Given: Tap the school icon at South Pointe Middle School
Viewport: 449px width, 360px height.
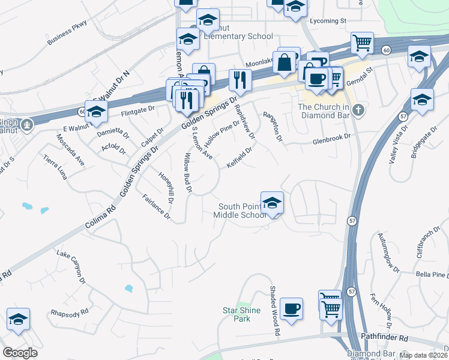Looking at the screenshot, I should point(272,203).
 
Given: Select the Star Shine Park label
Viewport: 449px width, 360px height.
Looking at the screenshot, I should point(237,314).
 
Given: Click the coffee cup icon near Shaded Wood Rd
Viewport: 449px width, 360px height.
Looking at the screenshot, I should point(292,308).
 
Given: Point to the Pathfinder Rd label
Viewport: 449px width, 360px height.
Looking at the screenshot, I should point(384,338).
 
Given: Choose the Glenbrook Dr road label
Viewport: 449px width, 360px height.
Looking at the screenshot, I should point(330,143).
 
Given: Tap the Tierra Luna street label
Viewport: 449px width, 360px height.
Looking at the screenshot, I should point(58,167).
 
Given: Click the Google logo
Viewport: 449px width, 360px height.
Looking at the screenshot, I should point(20,353).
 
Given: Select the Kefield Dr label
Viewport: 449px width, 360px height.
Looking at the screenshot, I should point(239,158).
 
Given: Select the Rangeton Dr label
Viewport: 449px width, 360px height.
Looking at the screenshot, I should point(271,126).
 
